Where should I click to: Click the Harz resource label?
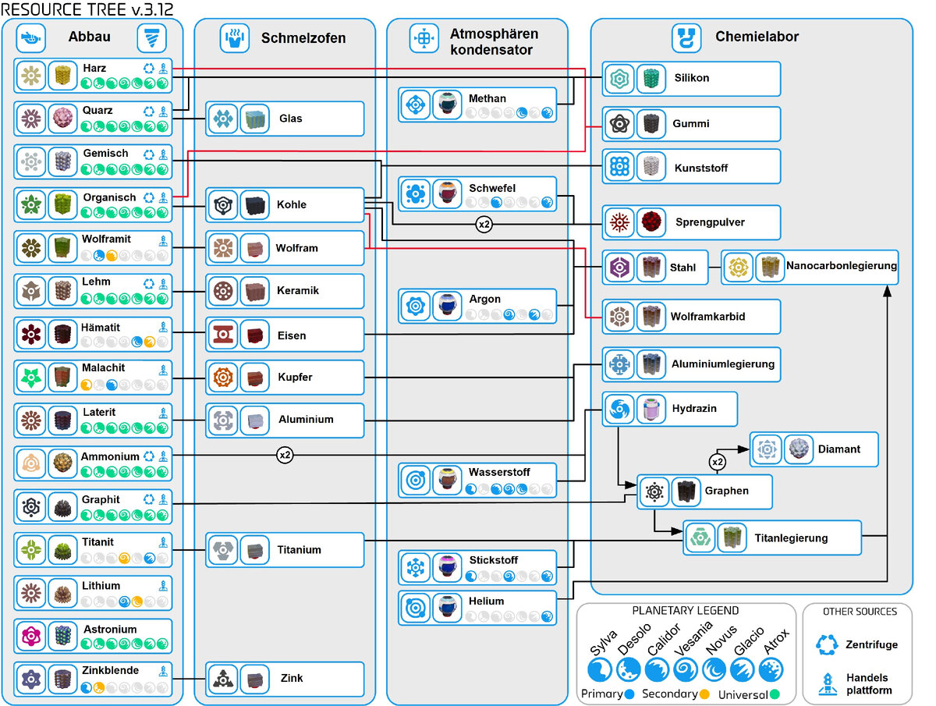[x=94, y=68]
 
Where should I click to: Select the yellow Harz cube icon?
[x=62, y=76]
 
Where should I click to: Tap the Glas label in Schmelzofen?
[x=290, y=118]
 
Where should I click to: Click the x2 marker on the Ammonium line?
[x=285, y=455]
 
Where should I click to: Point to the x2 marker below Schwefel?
[x=484, y=224]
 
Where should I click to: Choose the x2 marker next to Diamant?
[x=718, y=462]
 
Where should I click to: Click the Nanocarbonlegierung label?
[x=842, y=265]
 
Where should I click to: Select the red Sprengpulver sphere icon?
[x=651, y=222]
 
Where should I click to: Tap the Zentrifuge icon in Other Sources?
[x=827, y=644]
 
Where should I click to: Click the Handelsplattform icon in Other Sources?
[x=828, y=684]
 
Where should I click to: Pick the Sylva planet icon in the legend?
[x=600, y=669]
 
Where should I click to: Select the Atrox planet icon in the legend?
[x=771, y=669]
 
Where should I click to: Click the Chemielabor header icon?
[x=686, y=38]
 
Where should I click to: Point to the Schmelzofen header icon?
[x=235, y=38]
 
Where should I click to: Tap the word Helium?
[x=486, y=601]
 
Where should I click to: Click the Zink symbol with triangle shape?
[x=223, y=678]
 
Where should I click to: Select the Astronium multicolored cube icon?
[x=62, y=635]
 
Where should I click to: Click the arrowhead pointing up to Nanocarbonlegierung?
[x=888, y=291]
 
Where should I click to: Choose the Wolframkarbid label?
[x=708, y=317]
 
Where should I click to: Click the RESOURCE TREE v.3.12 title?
[x=87, y=9]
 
